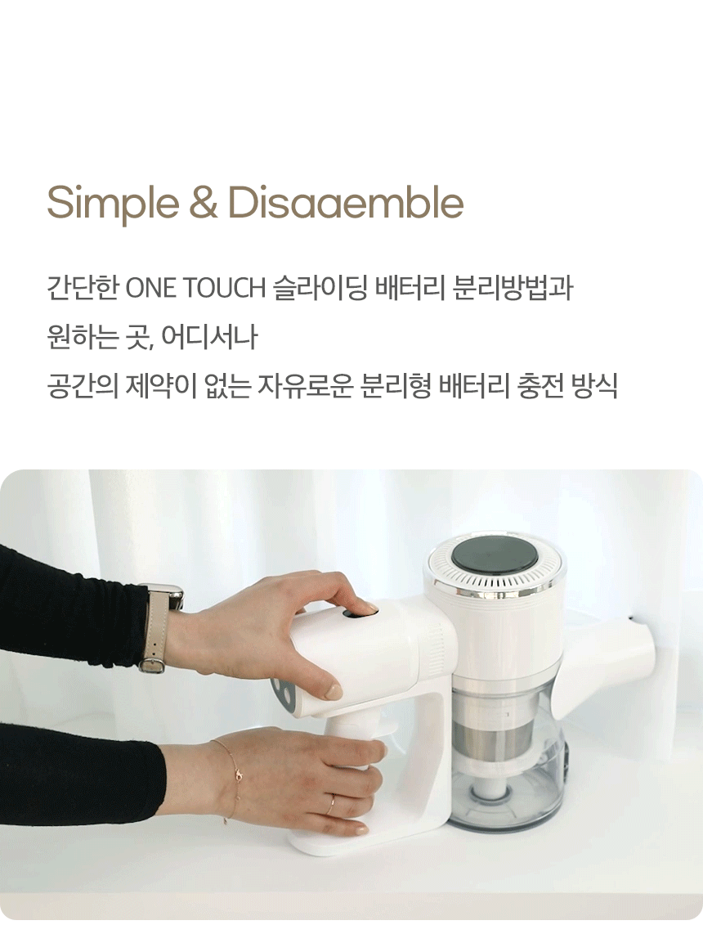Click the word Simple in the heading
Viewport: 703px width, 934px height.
pos(113,203)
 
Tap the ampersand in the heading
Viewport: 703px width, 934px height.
pos(204,203)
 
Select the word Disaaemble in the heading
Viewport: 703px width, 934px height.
pos(345,202)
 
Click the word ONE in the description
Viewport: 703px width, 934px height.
pos(151,289)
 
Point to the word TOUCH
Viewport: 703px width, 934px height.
pos(224,289)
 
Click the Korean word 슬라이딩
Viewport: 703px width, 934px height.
pos(320,288)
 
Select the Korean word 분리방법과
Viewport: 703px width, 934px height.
pos(513,288)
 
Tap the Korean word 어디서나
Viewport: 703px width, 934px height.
pos(209,337)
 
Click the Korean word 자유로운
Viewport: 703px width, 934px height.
pos(306,386)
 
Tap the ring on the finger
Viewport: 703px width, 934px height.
pos(331,804)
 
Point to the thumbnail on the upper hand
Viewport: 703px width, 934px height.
pos(334,692)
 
